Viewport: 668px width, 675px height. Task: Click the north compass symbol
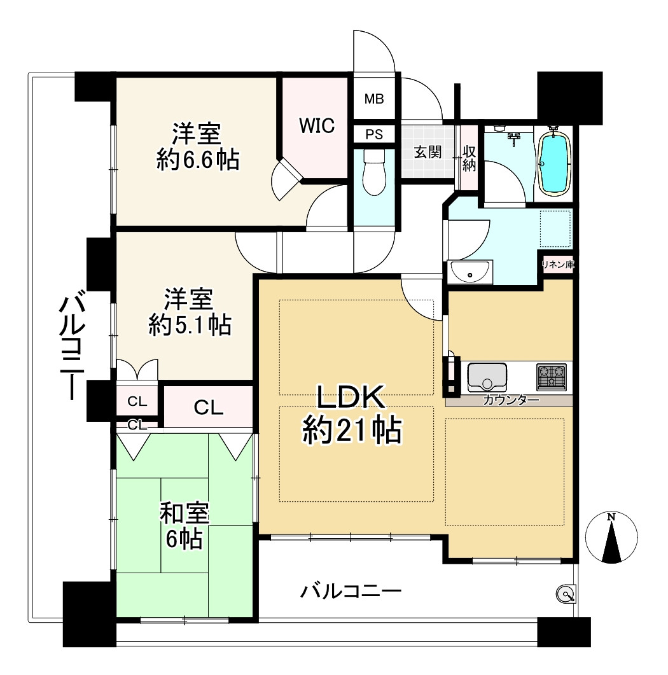click(x=611, y=538)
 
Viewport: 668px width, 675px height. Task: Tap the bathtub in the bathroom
click(x=555, y=162)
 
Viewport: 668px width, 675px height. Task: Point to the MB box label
click(x=374, y=99)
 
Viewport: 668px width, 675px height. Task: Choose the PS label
click(x=374, y=134)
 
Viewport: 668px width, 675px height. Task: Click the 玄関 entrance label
click(x=428, y=153)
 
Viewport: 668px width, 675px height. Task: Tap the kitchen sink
click(x=487, y=377)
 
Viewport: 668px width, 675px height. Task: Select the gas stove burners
click(x=551, y=377)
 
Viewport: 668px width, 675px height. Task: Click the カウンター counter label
click(x=511, y=400)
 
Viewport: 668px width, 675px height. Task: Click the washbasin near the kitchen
click(x=470, y=273)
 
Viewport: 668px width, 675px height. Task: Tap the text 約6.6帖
click(x=198, y=160)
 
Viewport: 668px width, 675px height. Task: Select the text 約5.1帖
click(x=189, y=325)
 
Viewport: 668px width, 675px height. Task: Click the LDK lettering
click(x=351, y=398)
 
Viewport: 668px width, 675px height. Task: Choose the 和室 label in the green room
click(x=185, y=513)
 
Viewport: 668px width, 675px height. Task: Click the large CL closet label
click(x=209, y=408)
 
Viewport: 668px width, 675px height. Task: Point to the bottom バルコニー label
click(x=351, y=593)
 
